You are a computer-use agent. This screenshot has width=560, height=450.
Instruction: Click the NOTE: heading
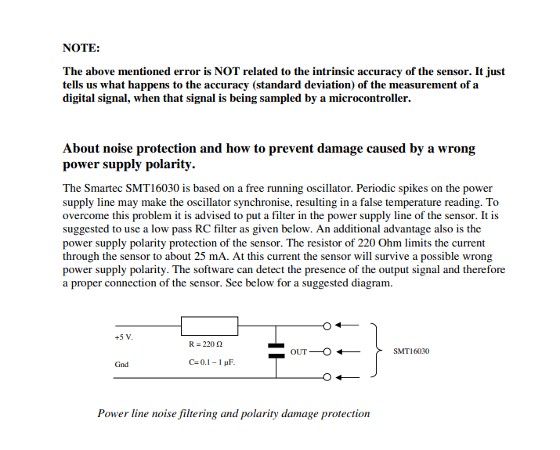point(81,48)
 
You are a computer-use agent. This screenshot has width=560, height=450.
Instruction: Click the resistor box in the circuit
point(209,326)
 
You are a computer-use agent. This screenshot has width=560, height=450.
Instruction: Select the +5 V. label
point(124,337)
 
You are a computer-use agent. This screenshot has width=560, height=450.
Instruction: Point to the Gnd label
point(121,364)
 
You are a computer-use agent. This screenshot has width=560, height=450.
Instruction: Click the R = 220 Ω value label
point(206,344)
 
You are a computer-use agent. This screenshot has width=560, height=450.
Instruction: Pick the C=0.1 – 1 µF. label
point(211,362)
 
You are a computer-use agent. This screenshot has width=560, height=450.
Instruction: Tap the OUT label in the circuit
point(298,351)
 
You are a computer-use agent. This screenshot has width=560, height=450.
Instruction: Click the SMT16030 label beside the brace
point(411,351)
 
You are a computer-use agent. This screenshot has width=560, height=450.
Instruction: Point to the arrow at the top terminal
point(348,326)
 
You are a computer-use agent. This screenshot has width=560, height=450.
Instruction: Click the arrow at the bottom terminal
point(348,379)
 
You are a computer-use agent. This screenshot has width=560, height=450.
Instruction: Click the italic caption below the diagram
point(233,413)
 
